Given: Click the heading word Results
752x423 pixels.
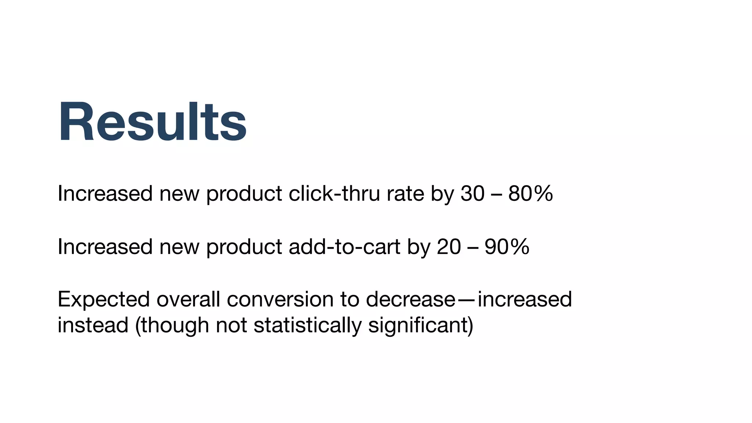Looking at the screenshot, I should coord(152,122).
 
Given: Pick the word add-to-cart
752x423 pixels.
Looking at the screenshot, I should coord(344,246).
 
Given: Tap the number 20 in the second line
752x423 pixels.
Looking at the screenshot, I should coord(449,246).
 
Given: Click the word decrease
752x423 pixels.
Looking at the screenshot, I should coord(411,299).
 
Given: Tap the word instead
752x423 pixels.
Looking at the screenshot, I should coord(93,325).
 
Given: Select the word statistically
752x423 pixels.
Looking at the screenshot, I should coord(307,325).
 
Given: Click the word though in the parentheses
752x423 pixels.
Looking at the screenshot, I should coord(175,325).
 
